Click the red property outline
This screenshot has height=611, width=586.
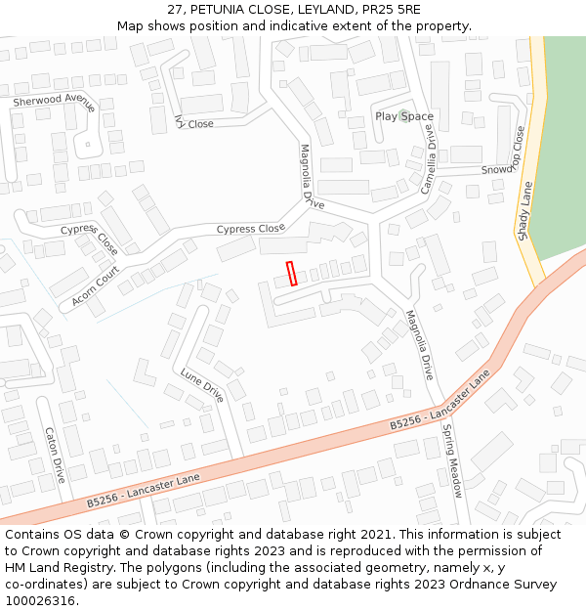click(291, 273)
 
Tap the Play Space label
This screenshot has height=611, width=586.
click(404, 117)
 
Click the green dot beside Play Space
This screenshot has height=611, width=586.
click(403, 115)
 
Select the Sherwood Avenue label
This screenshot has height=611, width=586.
click(54, 101)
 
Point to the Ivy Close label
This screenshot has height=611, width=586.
click(193, 123)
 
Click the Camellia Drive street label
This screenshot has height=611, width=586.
click(429, 157)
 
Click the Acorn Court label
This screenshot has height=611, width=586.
click(95, 286)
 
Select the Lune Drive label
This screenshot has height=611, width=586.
click(202, 385)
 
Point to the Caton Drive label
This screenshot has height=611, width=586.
click(55, 455)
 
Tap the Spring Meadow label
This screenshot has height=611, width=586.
click(452, 460)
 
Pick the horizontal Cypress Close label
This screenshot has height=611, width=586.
click(250, 230)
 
